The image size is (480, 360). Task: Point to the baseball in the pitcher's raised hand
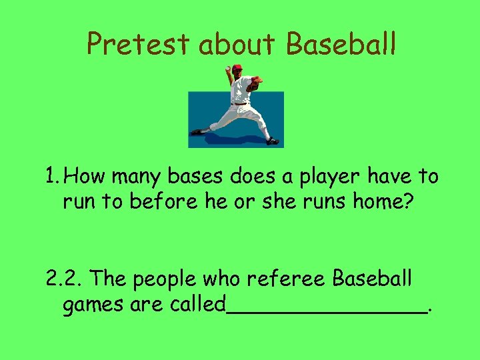point(227,68)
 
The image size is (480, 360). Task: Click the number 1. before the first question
point(55,177)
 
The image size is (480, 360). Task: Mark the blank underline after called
point(327,311)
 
